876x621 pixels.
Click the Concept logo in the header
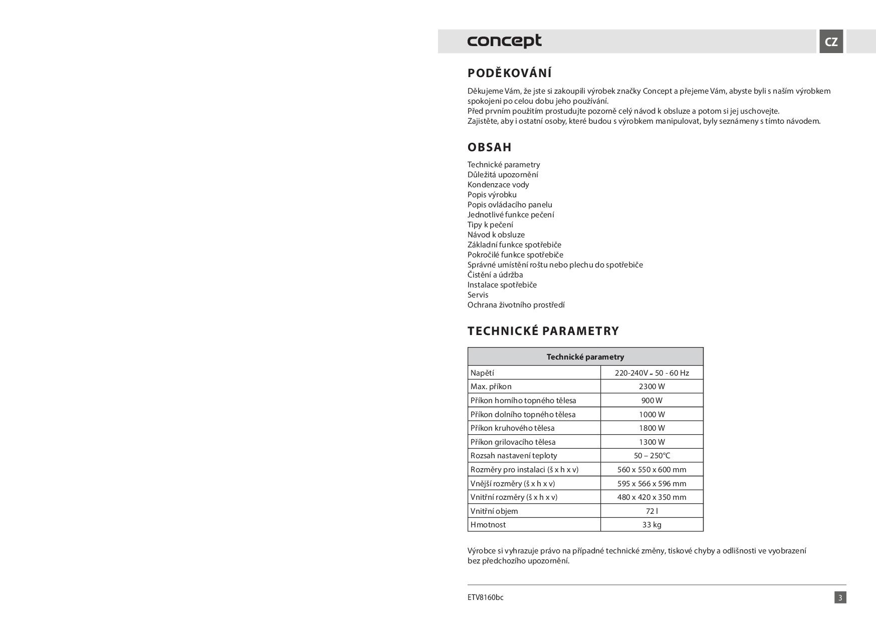coord(504,41)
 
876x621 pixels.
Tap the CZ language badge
coord(831,42)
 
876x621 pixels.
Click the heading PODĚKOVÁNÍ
coord(509,73)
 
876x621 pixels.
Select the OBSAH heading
coord(490,147)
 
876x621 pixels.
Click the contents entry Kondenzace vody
coord(498,184)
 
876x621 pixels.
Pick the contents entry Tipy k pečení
coord(490,224)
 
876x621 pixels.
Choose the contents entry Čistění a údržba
coord(495,274)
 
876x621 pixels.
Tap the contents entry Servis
coord(478,294)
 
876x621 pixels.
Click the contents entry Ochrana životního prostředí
coord(516,304)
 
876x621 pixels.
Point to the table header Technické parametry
coord(585,357)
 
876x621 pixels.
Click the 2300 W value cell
coord(651,386)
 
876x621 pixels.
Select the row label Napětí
coord(482,373)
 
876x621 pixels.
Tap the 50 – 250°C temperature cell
coord(651,455)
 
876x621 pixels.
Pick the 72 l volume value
coord(651,511)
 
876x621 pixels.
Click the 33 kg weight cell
coord(651,524)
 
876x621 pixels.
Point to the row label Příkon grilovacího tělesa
coord(513,442)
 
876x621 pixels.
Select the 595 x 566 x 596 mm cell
coord(651,483)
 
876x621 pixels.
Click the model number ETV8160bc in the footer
coord(485,597)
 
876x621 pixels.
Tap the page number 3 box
coord(840,597)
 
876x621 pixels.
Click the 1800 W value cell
coord(651,428)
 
